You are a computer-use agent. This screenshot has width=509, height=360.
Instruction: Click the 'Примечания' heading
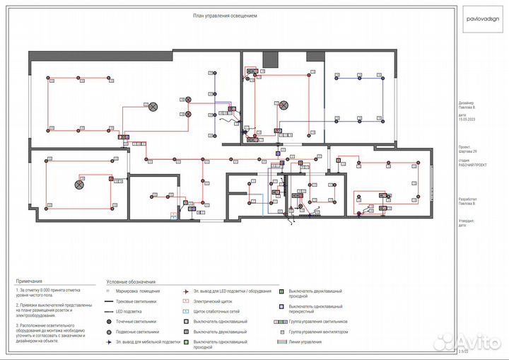point(30,281)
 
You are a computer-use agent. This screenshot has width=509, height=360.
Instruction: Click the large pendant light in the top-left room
point(152,105)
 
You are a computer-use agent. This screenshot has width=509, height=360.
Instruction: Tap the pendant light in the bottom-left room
point(79,184)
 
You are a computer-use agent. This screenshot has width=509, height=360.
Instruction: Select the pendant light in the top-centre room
point(283,105)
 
